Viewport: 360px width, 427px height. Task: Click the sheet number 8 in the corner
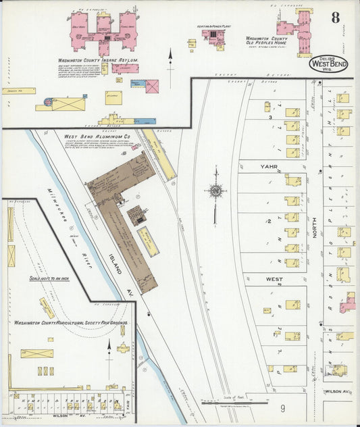(x=335, y=18)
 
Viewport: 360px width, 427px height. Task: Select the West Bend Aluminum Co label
(x=97, y=136)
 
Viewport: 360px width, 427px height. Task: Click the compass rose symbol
(x=215, y=191)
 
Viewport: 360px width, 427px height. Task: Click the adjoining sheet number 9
(x=282, y=408)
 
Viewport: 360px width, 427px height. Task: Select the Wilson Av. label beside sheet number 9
(x=338, y=391)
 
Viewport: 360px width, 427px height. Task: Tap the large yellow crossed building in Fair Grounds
(x=36, y=353)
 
